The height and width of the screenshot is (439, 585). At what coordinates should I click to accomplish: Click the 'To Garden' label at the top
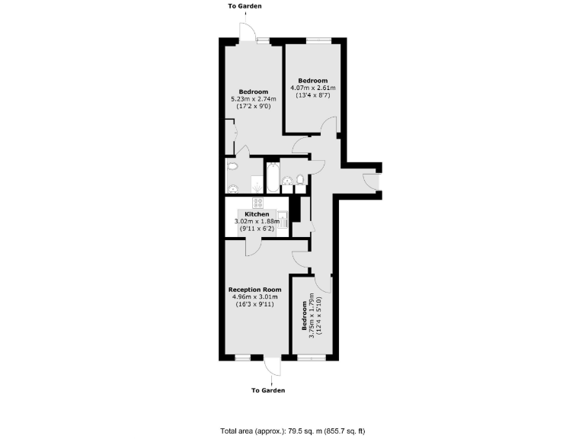245,6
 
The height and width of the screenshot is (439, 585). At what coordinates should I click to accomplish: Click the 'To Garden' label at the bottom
268,390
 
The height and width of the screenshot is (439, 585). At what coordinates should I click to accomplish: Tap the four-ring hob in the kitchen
257,203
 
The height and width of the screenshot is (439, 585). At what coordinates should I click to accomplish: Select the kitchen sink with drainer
283,220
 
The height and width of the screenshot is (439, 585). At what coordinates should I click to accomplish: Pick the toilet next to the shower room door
232,165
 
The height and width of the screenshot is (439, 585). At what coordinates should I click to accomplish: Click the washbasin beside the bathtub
288,180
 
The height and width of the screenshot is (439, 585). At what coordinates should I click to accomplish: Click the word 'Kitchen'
257,214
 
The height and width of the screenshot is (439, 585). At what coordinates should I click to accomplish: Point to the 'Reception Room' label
255,290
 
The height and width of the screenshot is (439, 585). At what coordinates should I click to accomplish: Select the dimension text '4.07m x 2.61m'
312,88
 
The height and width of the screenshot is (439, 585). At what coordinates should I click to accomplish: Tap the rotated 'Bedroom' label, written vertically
303,316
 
